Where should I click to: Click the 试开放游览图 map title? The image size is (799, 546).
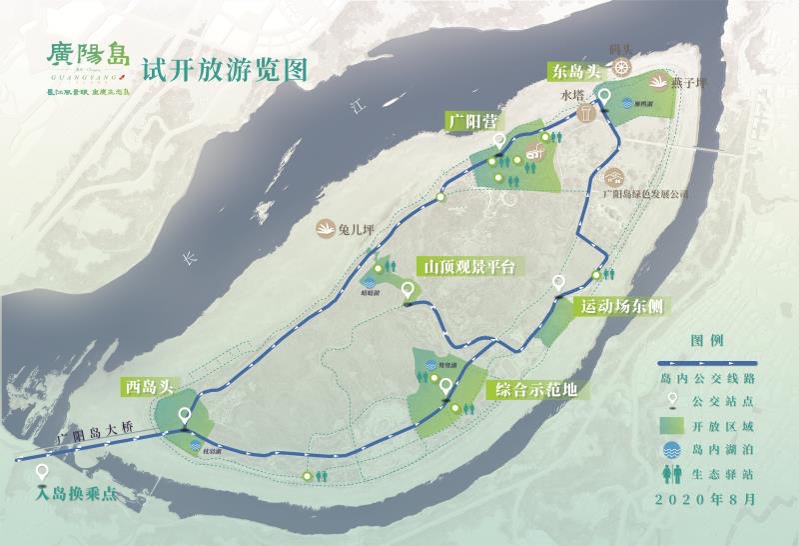click(223, 69)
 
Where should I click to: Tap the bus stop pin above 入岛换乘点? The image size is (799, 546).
click(42, 472)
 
